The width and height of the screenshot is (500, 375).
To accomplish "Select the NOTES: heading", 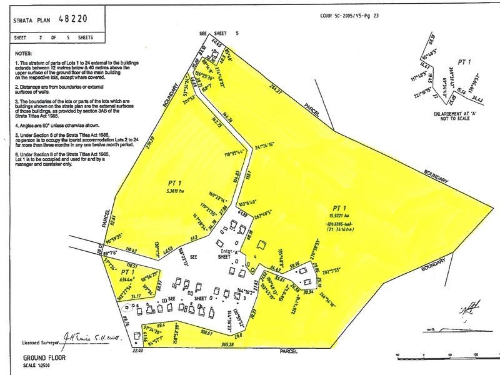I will pyautogui.click(x=23, y=55).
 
